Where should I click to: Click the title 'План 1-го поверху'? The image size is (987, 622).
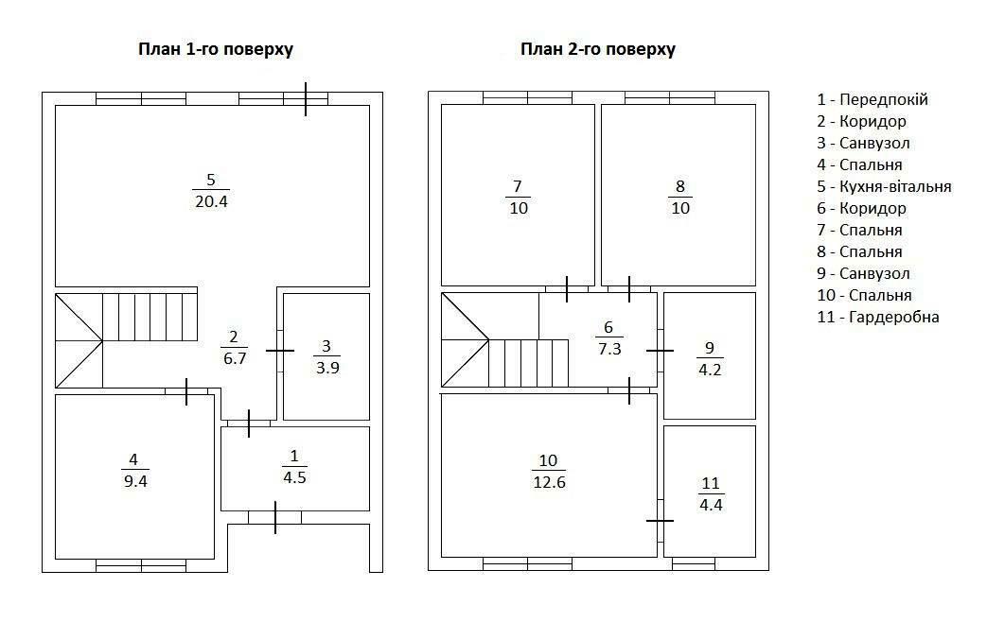click(x=215, y=50)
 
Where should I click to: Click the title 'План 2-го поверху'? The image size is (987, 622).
click(x=597, y=50)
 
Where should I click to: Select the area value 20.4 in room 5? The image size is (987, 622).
click(x=212, y=202)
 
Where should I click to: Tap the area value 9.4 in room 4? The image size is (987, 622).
click(x=135, y=482)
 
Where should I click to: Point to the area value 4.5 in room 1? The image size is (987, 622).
click(x=294, y=478)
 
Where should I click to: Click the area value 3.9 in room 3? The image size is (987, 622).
click(x=327, y=368)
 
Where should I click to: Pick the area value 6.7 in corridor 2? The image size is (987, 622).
click(x=235, y=358)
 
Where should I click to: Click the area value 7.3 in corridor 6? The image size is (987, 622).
click(x=609, y=349)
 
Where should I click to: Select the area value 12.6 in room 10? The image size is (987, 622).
click(x=549, y=482)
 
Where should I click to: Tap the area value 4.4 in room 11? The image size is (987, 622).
click(x=711, y=505)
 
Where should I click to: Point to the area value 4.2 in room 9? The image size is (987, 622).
click(x=710, y=370)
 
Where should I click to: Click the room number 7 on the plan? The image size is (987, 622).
click(x=518, y=186)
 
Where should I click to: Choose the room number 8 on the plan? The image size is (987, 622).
click(x=679, y=186)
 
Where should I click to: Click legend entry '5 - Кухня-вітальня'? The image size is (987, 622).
click(x=884, y=187)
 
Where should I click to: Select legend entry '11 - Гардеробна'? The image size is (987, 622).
click(x=877, y=317)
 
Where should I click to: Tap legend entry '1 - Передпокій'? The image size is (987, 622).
click(x=872, y=100)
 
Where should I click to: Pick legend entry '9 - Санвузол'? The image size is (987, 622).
click(x=863, y=273)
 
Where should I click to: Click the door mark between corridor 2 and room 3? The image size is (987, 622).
click(x=279, y=351)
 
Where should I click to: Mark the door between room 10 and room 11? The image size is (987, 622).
click(x=660, y=521)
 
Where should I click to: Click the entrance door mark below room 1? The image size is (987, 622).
click(x=275, y=518)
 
